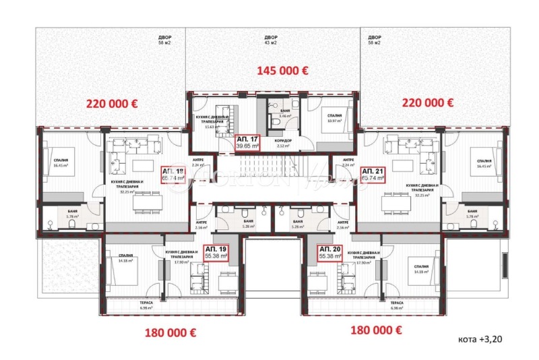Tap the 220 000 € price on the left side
tap(111, 103)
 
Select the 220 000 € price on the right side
tap(427, 103)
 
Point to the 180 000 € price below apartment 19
tap(170, 332)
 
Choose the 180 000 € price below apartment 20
tap(377, 330)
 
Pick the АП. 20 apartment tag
tap(331, 253)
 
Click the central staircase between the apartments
tap(269, 179)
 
